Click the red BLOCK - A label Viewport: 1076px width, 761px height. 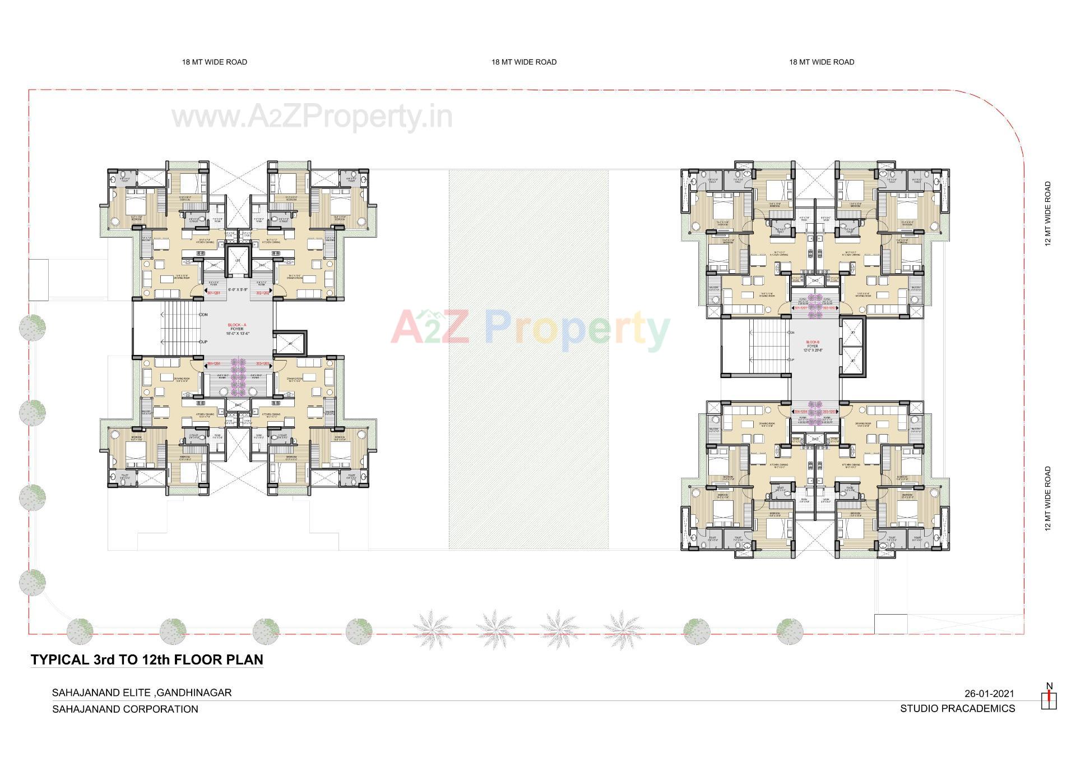coord(236,325)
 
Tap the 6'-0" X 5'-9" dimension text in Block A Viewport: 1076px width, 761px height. coord(236,289)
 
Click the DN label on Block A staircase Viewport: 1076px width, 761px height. coord(205,315)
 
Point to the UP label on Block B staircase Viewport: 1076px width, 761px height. coord(791,359)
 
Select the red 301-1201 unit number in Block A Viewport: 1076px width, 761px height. coord(214,293)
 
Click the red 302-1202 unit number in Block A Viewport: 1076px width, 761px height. coord(263,293)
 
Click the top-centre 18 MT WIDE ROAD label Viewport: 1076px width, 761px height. coord(523,62)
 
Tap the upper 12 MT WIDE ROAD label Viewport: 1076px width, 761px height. coord(1047,214)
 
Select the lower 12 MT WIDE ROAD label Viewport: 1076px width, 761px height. coord(1047,499)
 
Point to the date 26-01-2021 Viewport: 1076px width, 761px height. coord(989,694)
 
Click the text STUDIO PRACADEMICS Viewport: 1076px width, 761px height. coord(957,708)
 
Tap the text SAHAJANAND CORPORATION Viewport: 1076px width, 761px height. coord(125,709)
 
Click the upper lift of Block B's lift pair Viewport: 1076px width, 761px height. coord(853,333)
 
